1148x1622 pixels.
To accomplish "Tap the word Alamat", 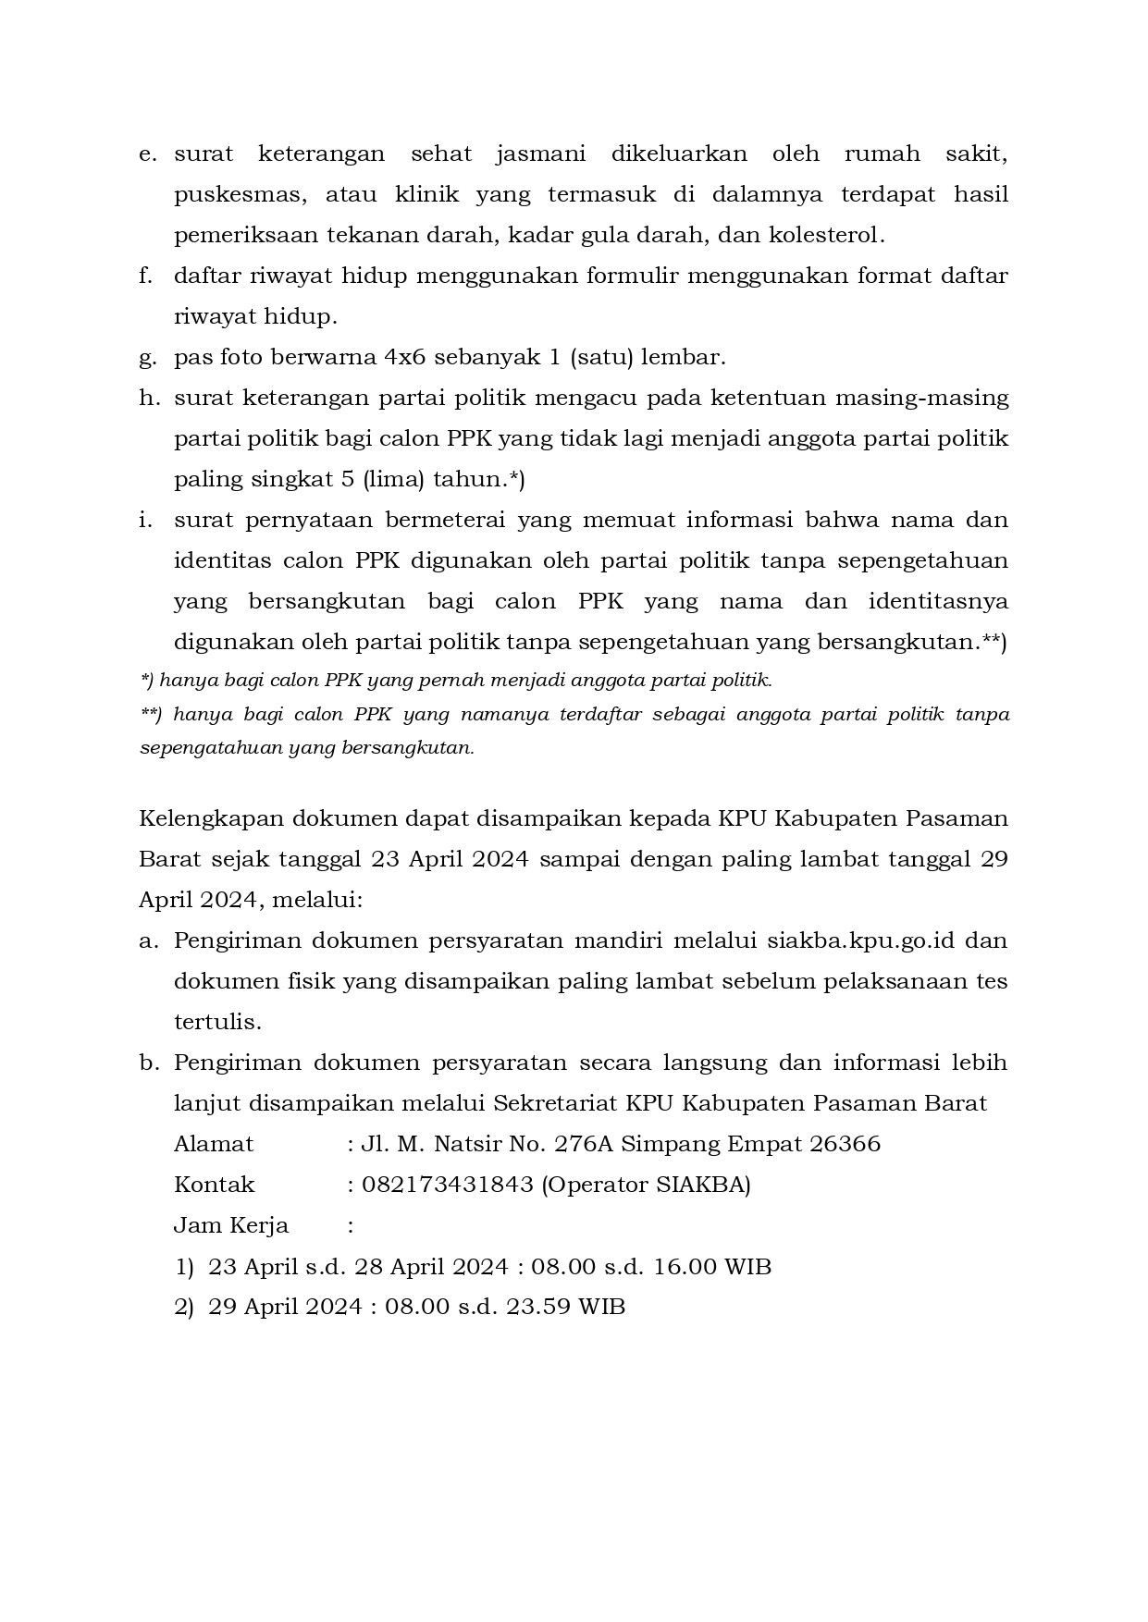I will [x=214, y=1144].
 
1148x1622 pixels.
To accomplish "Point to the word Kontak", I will [x=214, y=1185].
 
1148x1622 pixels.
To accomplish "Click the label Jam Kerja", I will [x=231, y=1225].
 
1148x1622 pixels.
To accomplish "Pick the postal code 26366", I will [x=845, y=1144].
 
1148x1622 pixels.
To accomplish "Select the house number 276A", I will [x=584, y=1144].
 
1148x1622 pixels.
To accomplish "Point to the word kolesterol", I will [x=826, y=235].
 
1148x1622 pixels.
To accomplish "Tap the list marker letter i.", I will [x=145, y=520].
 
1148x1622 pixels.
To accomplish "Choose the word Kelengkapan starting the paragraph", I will [x=210, y=819].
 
